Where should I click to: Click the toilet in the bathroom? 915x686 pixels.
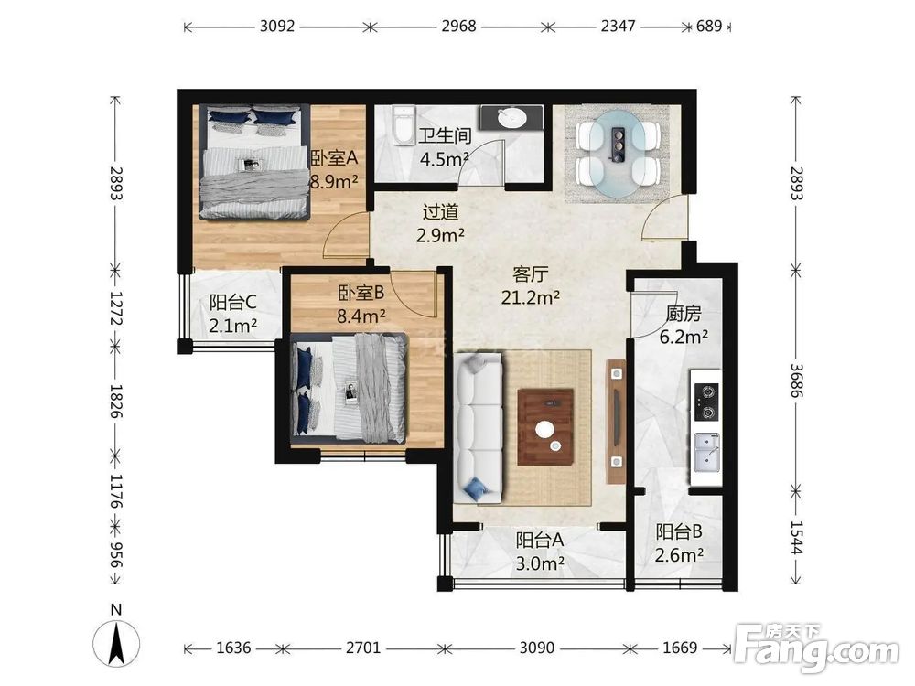pyautogui.click(x=404, y=125)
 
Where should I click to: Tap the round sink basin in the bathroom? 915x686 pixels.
pyautogui.click(x=512, y=118)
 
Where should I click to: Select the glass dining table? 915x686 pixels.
pyautogui.click(x=618, y=153)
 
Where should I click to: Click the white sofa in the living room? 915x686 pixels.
pyautogui.click(x=478, y=428)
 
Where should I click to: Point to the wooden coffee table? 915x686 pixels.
pyautogui.click(x=545, y=427)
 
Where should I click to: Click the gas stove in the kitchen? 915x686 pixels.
pyautogui.click(x=705, y=402)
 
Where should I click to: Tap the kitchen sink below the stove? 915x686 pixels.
pyautogui.click(x=706, y=452)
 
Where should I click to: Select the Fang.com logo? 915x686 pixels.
pyautogui.click(x=816, y=648)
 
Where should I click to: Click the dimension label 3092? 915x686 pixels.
pyautogui.click(x=277, y=27)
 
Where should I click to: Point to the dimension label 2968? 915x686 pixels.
pyautogui.click(x=458, y=27)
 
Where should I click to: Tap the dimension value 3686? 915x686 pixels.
pyautogui.click(x=797, y=381)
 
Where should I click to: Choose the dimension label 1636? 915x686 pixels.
pyautogui.click(x=233, y=648)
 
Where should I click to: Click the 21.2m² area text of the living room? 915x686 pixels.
pyautogui.click(x=531, y=297)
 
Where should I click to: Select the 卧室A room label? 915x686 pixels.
pyautogui.click(x=334, y=158)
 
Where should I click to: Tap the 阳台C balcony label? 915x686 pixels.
pyautogui.click(x=232, y=302)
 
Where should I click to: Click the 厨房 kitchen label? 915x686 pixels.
pyautogui.click(x=684, y=314)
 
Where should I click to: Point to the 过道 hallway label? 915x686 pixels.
pyautogui.click(x=441, y=212)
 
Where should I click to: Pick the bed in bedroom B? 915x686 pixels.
pyautogui.click(x=349, y=387)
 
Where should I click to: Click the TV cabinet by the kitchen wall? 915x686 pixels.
pyautogui.click(x=616, y=421)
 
